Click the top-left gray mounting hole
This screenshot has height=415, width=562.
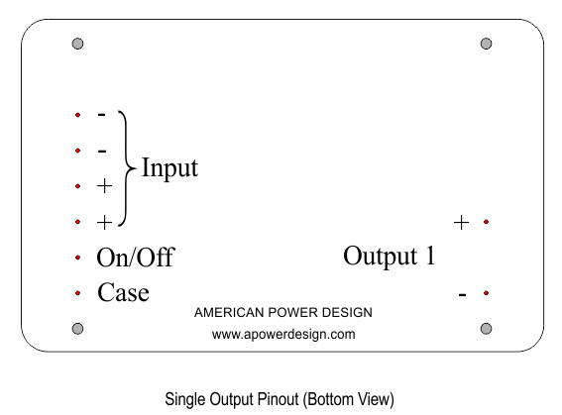point(77,44)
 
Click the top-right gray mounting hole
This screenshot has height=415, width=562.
point(486,44)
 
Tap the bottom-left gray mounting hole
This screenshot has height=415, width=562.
point(77,329)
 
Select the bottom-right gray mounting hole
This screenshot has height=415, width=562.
point(486,329)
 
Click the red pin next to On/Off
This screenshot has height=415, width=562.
point(77,258)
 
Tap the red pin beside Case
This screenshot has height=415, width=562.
point(77,293)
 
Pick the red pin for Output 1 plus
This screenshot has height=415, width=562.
point(486,222)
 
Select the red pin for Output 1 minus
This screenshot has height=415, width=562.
point(486,293)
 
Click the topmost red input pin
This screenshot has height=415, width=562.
point(77,115)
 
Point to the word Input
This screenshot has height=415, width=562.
point(169,168)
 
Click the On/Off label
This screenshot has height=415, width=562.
point(136,258)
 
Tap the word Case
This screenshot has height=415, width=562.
point(123,292)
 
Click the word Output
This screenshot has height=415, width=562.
point(381,257)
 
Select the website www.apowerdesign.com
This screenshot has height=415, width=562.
point(283,335)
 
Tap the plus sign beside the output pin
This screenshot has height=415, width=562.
point(461,223)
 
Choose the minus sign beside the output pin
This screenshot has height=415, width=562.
point(462,295)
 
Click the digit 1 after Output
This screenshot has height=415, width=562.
point(430,256)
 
